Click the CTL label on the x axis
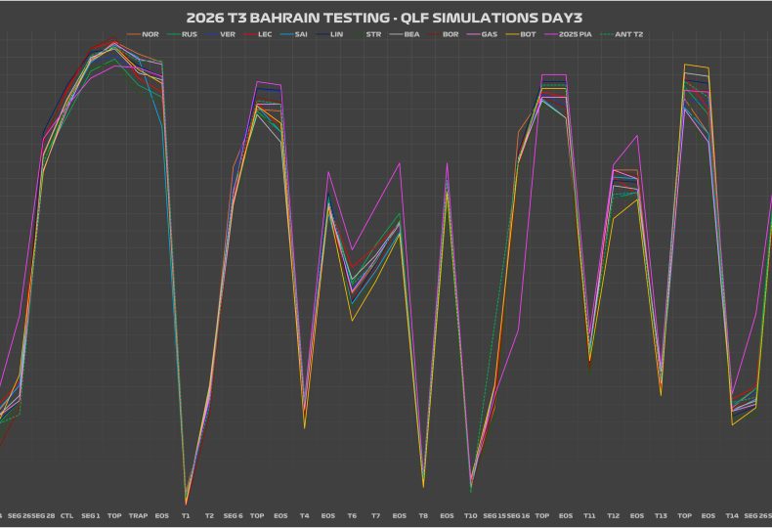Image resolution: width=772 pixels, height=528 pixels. [x=66, y=515]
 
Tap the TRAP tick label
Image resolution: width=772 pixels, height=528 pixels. [x=138, y=515]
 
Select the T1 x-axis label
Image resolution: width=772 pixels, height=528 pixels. [x=186, y=515]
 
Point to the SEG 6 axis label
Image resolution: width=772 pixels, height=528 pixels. [x=233, y=515]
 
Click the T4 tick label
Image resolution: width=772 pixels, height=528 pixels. [x=304, y=515]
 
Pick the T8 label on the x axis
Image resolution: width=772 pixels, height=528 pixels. [x=423, y=515]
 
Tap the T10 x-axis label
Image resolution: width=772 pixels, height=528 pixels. [x=470, y=515]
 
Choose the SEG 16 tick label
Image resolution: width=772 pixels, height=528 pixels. [x=518, y=515]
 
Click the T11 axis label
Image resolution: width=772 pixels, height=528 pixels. [x=589, y=515]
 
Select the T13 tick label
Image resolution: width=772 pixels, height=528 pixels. [x=661, y=515]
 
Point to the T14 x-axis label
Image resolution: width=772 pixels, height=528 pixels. [x=732, y=515]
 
